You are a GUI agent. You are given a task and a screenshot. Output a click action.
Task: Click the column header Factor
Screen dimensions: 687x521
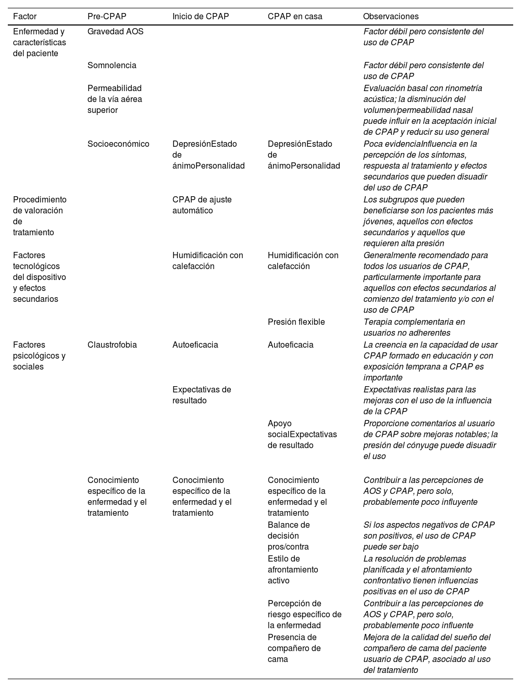pos(24,17)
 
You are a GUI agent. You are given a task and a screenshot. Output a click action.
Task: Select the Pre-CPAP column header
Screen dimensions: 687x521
pos(107,17)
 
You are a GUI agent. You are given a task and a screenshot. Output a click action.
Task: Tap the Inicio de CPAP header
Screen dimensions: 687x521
pos(201,17)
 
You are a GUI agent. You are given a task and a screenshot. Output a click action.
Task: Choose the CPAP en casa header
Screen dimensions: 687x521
pos(295,17)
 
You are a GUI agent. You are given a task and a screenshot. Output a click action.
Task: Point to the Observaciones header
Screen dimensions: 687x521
pos(391,17)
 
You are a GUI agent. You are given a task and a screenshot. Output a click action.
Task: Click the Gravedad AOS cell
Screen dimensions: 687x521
pos(115,32)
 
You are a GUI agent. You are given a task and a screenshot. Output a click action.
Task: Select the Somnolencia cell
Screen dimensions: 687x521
pos(111,66)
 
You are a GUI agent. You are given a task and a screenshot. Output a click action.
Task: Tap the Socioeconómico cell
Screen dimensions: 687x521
pos(118,144)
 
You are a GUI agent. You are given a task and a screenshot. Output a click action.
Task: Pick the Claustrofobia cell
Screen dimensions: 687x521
pos(112,345)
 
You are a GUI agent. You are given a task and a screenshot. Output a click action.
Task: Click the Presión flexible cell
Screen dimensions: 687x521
pos(296,322)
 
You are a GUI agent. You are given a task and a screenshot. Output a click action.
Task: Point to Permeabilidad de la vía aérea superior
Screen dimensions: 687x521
pos(115,99)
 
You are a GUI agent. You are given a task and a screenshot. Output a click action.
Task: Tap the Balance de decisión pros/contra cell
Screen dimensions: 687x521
pos(289,536)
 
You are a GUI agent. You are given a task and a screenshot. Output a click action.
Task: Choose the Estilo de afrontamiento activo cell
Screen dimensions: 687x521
pos(293,569)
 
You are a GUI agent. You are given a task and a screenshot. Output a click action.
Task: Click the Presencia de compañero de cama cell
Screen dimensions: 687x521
pos(294,648)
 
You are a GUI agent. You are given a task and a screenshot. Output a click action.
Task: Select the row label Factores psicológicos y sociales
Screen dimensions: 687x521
pos(39,355)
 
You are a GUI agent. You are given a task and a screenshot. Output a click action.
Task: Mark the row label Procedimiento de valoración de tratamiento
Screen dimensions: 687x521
pos(40,216)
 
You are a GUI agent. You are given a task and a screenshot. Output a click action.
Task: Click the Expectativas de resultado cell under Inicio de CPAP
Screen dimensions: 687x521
pos(202,395)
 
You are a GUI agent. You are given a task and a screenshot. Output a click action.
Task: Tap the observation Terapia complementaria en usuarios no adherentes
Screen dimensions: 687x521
pos(414,327)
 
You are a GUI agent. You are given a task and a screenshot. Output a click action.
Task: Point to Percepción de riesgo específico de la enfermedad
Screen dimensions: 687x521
pos(304,614)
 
